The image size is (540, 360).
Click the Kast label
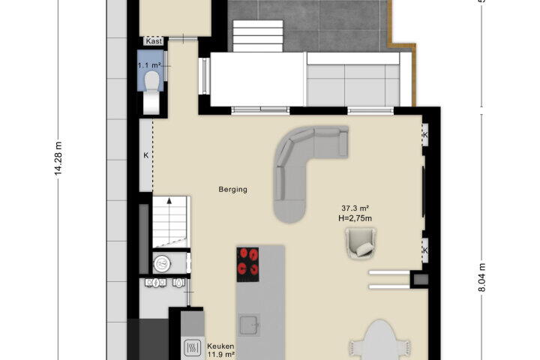coord(154,41)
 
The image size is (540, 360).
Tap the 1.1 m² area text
coord(149,65)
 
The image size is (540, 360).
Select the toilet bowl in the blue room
coord(151,82)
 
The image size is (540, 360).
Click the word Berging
coord(232,189)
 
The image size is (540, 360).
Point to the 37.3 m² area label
coord(355,208)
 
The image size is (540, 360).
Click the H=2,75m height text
coord(355,218)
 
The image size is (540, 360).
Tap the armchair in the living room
coord(360,244)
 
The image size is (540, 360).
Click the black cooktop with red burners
coord(247,264)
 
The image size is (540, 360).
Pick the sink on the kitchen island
coord(249,324)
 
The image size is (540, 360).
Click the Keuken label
coord(220,346)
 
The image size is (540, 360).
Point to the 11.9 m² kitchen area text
coord(221,354)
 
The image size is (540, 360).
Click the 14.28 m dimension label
coord(58,158)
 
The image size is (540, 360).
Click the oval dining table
coord(379,340)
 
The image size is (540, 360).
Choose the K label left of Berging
coord(146,155)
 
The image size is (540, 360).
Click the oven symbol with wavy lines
coord(193,347)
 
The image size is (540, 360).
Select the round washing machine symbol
coord(162,264)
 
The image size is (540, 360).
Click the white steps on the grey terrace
coord(258,36)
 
